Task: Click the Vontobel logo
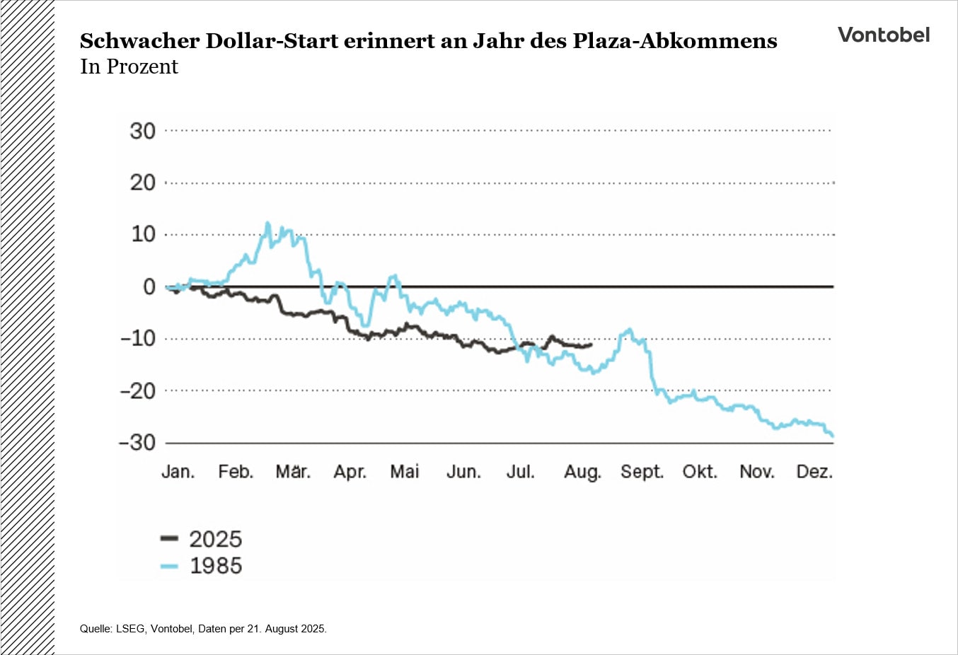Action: pyautogui.click(x=884, y=35)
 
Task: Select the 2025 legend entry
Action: pyautogui.click(x=202, y=539)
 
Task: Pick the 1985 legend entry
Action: pyautogui.click(x=202, y=566)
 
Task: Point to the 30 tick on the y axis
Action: pyautogui.click(x=142, y=131)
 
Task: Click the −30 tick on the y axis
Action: pyautogui.click(x=137, y=443)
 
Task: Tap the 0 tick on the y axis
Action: pyautogui.click(x=149, y=286)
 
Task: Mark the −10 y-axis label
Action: pyautogui.click(x=137, y=338)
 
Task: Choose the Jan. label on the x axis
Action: pyautogui.click(x=178, y=472)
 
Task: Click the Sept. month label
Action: pyautogui.click(x=642, y=472)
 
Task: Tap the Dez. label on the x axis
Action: pyautogui.click(x=814, y=472)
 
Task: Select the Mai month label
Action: pyautogui.click(x=405, y=472)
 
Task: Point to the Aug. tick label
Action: pyautogui.click(x=582, y=472)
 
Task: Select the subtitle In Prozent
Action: pyautogui.click(x=129, y=66)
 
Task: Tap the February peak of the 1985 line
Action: pyautogui.click(x=267, y=224)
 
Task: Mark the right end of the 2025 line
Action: pyautogui.click(x=591, y=344)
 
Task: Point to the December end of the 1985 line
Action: pyautogui.click(x=833, y=436)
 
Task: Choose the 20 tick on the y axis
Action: pyautogui.click(x=142, y=182)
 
